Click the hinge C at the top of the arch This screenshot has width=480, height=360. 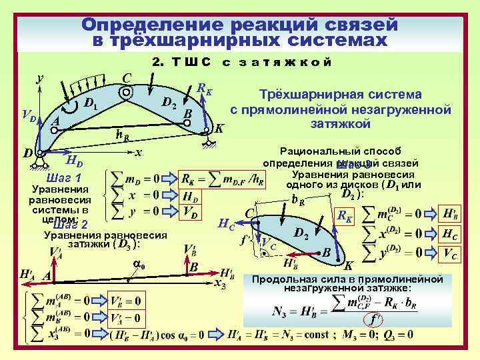tap(125, 94)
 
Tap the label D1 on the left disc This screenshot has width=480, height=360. tap(90, 103)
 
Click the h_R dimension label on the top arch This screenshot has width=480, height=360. tap(122, 134)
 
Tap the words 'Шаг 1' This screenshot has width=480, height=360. tap(63, 179)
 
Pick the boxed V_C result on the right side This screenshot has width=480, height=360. tap(450, 253)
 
